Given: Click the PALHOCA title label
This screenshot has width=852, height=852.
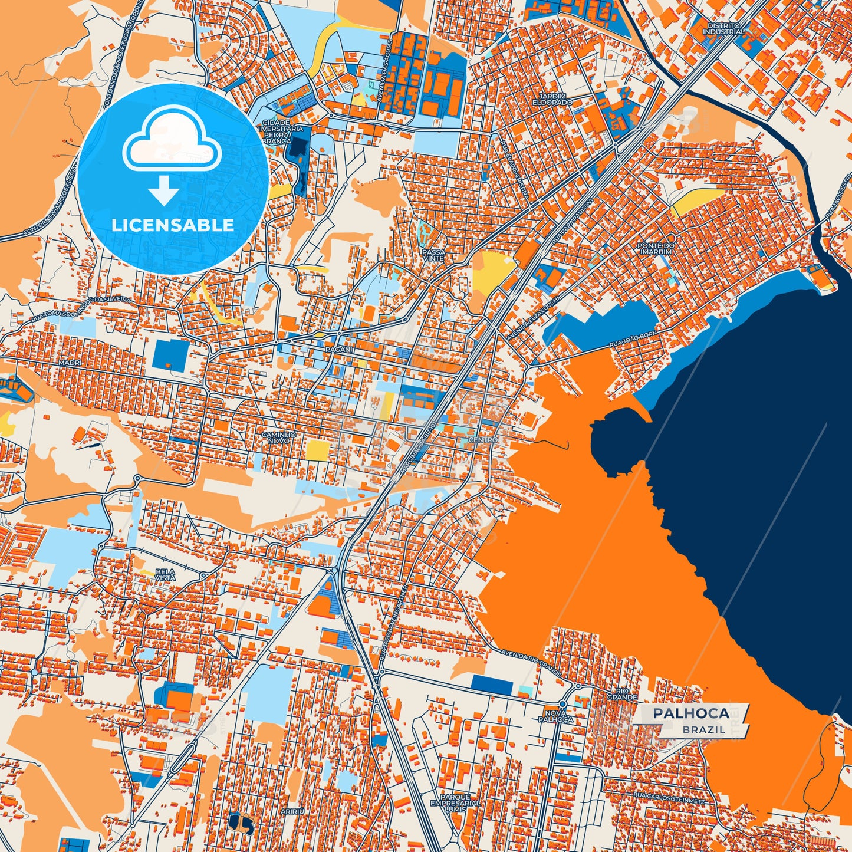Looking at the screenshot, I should (x=690, y=713).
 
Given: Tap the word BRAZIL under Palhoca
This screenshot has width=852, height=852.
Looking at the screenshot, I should (x=704, y=729).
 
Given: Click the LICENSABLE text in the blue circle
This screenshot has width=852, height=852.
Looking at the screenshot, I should (x=173, y=225).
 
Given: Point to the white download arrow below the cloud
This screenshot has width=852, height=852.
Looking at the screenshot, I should (x=164, y=191).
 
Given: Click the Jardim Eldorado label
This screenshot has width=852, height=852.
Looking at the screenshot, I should (x=555, y=99).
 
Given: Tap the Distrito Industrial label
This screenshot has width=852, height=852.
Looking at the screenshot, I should (x=724, y=29).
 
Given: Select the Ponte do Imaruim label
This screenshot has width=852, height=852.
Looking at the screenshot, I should (x=655, y=248).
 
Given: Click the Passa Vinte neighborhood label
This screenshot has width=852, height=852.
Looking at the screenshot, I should (x=433, y=255).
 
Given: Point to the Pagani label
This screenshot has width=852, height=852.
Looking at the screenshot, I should (x=338, y=350).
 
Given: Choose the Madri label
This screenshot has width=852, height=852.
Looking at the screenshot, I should (x=69, y=363).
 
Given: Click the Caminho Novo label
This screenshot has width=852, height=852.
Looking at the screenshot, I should (x=278, y=437).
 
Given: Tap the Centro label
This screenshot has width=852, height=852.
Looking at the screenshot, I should (x=483, y=440).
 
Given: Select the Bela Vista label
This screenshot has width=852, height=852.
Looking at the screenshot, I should (x=165, y=575).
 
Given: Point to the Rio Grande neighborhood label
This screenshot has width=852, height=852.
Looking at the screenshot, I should (x=626, y=694).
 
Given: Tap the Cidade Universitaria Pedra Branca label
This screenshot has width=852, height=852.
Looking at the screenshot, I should (x=276, y=131).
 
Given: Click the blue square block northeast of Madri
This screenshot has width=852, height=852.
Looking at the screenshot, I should (x=170, y=355).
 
